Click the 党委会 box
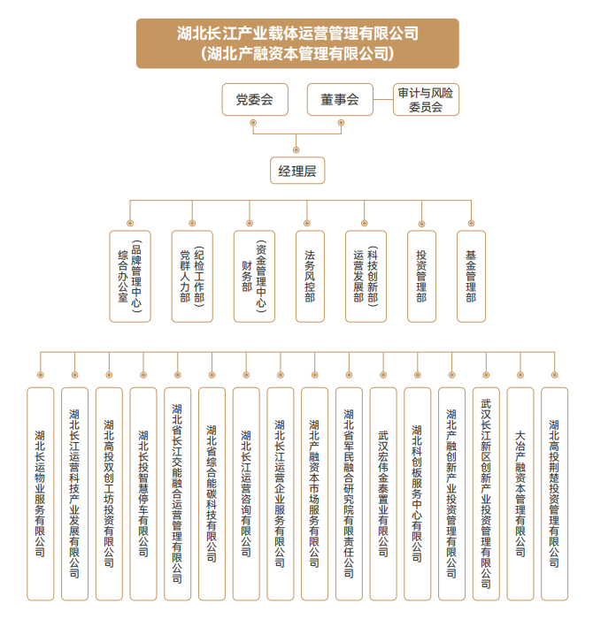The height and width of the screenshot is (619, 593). (255, 99)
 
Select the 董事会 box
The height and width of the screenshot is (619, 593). (340, 99)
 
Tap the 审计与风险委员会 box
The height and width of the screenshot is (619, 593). (426, 99)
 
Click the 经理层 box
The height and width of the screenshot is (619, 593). (297, 171)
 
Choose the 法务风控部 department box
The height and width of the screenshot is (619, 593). (310, 276)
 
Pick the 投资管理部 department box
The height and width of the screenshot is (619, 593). (421, 276)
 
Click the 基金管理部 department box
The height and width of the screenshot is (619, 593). (471, 276)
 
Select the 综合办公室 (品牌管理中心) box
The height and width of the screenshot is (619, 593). (130, 276)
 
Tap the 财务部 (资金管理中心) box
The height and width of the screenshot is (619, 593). (254, 276)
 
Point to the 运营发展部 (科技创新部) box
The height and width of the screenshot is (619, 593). (366, 276)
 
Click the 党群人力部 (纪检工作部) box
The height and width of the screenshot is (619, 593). (192, 276)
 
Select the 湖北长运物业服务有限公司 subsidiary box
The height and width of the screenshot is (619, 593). (41, 493)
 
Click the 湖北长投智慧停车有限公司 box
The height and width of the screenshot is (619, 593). (143, 493)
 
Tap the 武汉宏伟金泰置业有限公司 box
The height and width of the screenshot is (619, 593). (383, 493)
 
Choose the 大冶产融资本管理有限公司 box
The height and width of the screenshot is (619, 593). (520, 493)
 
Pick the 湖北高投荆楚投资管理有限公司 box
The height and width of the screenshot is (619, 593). (554, 493)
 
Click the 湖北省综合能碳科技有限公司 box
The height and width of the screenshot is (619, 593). (212, 493)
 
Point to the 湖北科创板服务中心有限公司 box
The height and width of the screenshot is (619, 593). (417, 493)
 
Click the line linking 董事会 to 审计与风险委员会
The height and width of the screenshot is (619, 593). (383, 99)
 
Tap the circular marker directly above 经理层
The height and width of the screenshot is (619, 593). (296, 150)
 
